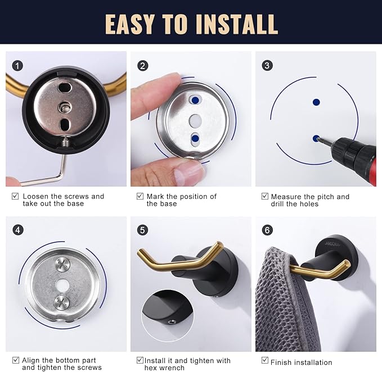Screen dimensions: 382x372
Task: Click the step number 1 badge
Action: click(x=17, y=66)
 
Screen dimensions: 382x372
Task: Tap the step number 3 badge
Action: click(x=267, y=65)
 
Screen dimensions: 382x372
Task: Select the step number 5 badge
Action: click(x=142, y=230)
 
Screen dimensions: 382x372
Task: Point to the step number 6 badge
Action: click(x=267, y=230)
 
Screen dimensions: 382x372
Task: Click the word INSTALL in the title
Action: click(x=237, y=24)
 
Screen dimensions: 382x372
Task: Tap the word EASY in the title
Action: click(x=130, y=24)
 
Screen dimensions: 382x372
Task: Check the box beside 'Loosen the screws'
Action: click(x=15, y=196)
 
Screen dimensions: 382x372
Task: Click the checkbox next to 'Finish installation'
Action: click(x=265, y=360)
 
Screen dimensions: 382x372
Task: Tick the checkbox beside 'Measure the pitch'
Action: click(x=265, y=196)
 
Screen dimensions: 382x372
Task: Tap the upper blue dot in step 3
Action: click(x=316, y=102)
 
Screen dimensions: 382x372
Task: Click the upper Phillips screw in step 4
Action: click(x=62, y=265)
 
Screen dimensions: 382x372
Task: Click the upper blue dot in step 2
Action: click(x=195, y=100)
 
